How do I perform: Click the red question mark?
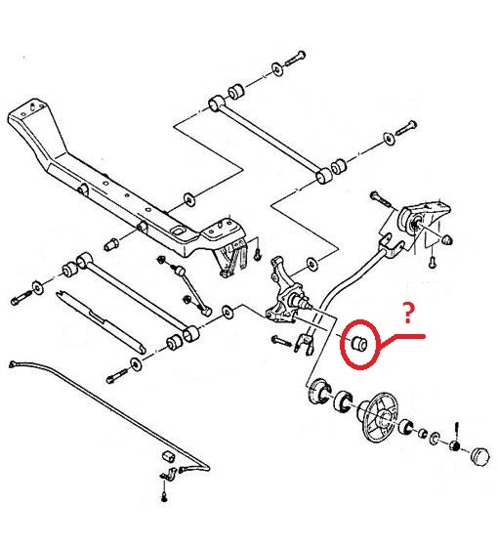(408, 313)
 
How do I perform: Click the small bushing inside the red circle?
(359, 343)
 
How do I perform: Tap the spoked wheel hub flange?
(379, 415)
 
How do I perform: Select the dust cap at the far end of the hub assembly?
(479, 456)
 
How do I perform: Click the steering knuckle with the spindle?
(284, 295)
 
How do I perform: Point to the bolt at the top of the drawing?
(295, 59)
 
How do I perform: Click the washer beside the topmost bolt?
(277, 68)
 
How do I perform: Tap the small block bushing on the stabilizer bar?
(168, 456)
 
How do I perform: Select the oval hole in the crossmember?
(179, 232)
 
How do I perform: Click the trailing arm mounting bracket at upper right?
(424, 221)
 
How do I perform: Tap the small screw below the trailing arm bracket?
(433, 261)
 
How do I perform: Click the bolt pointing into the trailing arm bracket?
(379, 198)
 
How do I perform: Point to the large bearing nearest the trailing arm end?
(319, 391)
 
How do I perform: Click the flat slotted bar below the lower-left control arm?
(101, 320)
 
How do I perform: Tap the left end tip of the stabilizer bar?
(12, 364)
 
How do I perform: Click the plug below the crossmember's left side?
(111, 243)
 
